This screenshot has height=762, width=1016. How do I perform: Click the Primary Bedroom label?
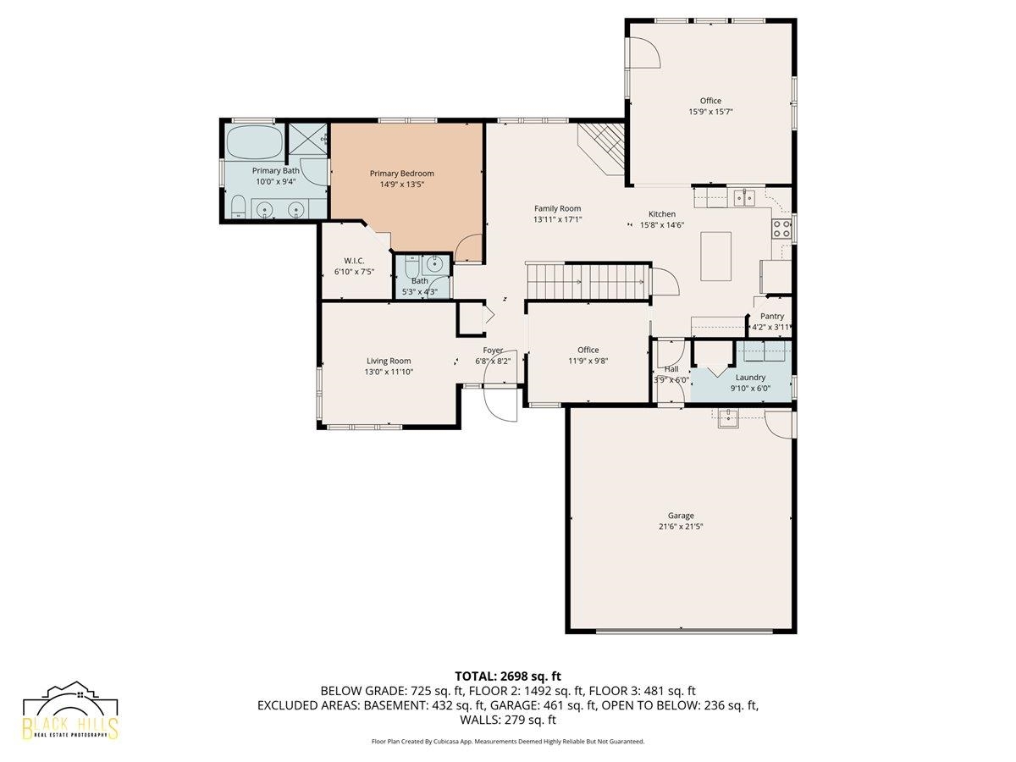point(401,174)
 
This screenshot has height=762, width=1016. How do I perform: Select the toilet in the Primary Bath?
point(238,206)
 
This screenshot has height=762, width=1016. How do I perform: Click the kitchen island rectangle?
point(715,257)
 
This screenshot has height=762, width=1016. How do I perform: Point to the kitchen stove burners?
point(781,229)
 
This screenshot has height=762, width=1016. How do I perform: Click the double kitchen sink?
point(744,197)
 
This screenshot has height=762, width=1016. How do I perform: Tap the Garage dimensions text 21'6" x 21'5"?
point(681,527)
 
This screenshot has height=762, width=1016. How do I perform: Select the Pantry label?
point(771,316)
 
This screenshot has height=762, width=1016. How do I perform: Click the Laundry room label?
point(750,378)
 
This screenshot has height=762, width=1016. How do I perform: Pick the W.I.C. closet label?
point(354,261)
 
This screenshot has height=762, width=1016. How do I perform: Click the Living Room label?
point(389,361)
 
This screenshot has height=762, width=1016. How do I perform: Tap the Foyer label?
point(493,351)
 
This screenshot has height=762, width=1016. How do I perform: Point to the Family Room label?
point(557,208)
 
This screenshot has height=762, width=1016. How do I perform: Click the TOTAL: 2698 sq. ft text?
point(508,676)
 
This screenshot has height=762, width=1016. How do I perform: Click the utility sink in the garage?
point(727,419)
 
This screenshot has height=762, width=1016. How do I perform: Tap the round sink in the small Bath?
point(435,265)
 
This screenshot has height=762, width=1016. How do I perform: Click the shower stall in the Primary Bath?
point(307,141)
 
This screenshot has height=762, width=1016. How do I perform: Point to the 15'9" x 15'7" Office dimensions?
point(710,112)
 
